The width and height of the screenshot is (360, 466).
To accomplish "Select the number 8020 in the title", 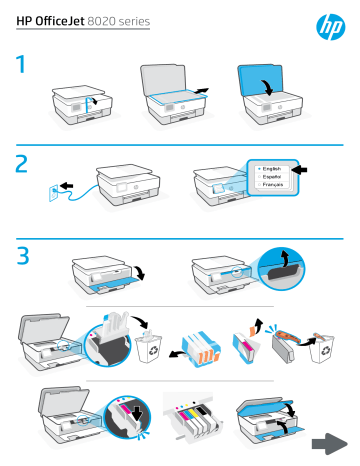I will pyautogui.click(x=117, y=21).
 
